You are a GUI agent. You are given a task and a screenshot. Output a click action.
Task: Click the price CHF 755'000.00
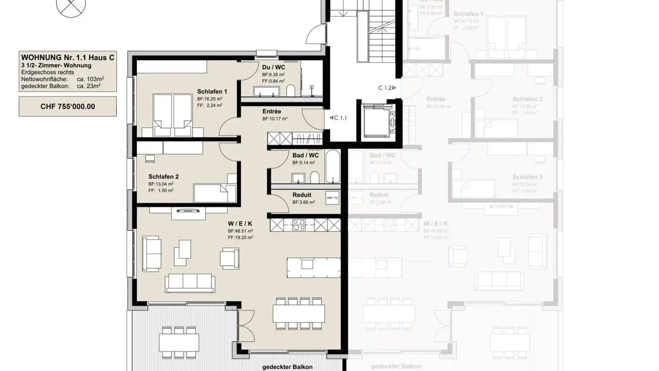[x=68, y=106]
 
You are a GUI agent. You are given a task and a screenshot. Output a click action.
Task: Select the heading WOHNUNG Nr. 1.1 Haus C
[x=68, y=58]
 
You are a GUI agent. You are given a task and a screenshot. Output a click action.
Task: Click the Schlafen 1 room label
[x=212, y=92]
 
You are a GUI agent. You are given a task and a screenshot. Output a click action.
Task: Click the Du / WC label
[x=274, y=67]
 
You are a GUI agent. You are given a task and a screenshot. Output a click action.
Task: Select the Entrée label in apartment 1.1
[x=272, y=111]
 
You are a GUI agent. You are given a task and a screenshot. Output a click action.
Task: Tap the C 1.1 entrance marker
[x=338, y=118]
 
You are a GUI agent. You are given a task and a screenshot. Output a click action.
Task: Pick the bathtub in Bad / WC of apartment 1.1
[x=333, y=166]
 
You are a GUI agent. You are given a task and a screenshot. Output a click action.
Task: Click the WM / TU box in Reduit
[x=332, y=198]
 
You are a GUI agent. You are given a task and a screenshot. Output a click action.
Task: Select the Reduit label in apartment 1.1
[x=302, y=195]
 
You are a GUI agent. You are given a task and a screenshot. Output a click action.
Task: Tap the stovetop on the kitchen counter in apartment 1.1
[x=299, y=225]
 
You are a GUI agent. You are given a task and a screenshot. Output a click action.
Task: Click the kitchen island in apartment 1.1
[x=314, y=264]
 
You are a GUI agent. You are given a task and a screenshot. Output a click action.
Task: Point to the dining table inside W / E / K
[x=298, y=313]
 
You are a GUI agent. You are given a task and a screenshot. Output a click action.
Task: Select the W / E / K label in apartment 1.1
[x=240, y=224]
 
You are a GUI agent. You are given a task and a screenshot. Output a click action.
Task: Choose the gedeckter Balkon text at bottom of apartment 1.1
[x=287, y=367]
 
